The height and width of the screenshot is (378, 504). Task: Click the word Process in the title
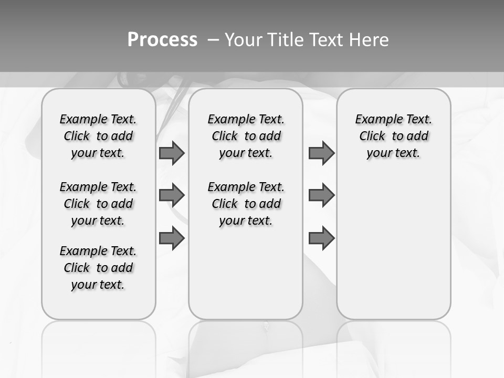pos(162,39)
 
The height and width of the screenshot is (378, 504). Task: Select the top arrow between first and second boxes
pos(172,153)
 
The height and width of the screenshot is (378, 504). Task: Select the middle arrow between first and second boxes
pos(172,195)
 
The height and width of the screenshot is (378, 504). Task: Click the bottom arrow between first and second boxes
pos(172,238)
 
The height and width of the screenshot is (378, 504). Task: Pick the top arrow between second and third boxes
pos(321,153)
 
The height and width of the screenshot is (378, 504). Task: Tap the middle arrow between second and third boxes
pos(321,195)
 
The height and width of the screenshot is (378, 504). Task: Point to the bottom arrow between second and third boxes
pos(321,238)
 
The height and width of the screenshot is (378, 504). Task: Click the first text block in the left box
pos(98,136)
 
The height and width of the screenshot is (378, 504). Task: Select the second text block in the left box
pos(98,204)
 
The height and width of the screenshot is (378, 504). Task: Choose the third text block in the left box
pos(98,268)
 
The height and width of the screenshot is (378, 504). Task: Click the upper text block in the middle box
pos(246,136)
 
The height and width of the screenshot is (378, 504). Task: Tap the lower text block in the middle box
pos(246,204)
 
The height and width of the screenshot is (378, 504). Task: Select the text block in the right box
pos(393,136)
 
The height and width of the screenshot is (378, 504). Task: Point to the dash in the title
pos(213,39)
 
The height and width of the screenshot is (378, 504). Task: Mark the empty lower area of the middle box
pos(246,273)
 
